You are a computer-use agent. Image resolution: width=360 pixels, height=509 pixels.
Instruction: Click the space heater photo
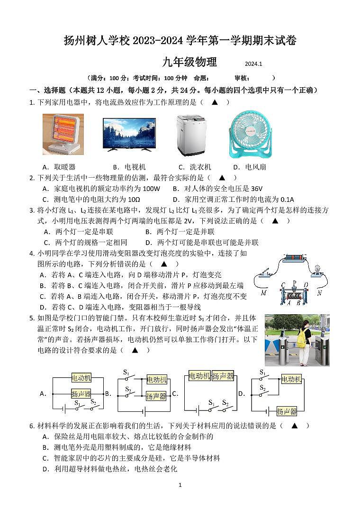(x=63, y=135)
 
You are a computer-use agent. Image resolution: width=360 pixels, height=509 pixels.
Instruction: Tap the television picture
(x=129, y=134)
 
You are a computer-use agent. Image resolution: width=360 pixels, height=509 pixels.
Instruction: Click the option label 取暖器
(x=65, y=167)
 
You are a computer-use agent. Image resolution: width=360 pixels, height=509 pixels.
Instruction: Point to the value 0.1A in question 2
(x=284, y=200)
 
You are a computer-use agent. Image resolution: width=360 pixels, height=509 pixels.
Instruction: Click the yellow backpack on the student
(x=301, y=337)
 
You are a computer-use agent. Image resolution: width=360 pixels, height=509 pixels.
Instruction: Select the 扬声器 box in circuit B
(x=156, y=396)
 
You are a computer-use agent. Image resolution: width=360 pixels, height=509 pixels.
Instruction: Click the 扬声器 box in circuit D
(x=287, y=411)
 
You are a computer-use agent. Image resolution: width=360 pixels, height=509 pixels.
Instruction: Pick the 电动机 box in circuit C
(x=199, y=376)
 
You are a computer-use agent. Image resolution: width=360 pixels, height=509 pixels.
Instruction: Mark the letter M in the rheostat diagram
(x=263, y=293)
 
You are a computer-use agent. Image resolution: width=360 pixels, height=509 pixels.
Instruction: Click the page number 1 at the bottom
(x=180, y=485)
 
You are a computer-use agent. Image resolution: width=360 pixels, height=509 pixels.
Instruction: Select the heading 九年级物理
(x=189, y=62)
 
